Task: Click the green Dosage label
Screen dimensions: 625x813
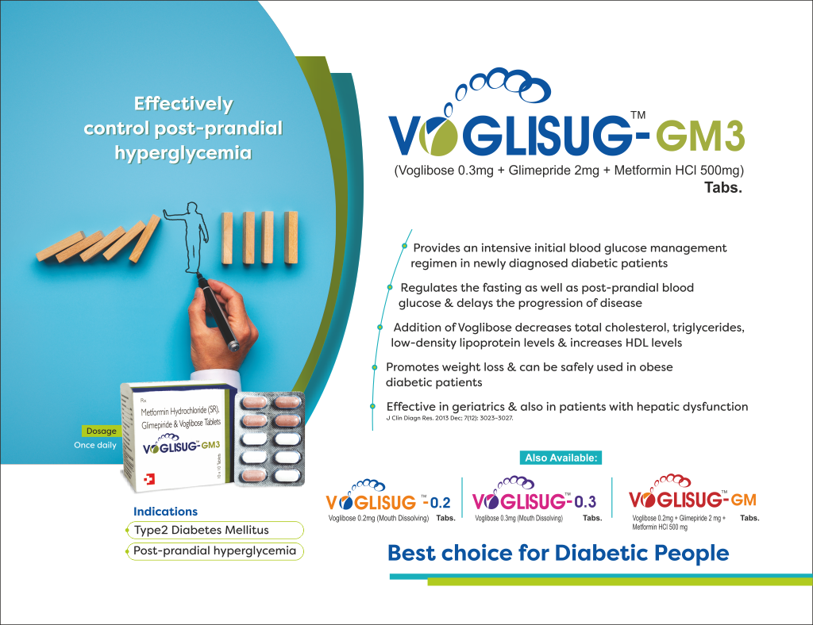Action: pos(101,431)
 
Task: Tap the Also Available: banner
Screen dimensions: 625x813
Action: pos(563,458)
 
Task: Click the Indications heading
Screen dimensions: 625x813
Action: pos(165,512)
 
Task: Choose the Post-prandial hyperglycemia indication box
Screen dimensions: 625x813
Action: pos(214,550)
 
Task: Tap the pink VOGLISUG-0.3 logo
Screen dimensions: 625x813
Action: pos(534,501)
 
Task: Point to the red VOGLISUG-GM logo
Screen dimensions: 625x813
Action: pos(692,500)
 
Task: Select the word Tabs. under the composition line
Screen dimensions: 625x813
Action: pos(722,189)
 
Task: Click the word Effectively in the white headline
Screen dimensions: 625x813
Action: pos(183,104)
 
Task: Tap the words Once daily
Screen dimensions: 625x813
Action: pos(95,445)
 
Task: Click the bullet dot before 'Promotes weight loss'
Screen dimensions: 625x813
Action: pos(374,367)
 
